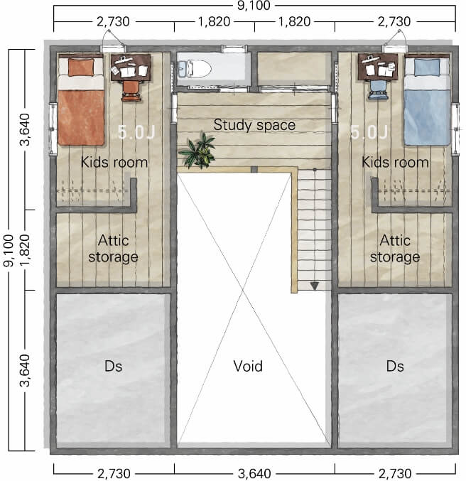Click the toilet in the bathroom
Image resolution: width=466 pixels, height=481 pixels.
195,68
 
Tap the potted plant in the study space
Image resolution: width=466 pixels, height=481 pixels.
198,151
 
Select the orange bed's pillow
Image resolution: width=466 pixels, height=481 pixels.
81,67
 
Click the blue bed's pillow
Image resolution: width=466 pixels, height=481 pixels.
427,67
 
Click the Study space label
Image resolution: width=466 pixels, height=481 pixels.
254,125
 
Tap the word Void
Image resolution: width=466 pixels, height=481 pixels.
248,366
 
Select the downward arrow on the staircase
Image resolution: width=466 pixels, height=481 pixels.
315,286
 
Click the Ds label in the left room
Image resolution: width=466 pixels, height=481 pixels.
113,367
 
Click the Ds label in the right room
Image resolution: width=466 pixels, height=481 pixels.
395,367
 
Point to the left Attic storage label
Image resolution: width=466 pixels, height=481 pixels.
113,249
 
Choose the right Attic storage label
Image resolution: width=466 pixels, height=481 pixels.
395,249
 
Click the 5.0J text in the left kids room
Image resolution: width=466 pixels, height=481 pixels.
136,132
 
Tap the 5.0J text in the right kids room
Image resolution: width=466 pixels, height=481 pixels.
369,132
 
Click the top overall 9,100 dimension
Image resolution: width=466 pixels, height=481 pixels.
254,6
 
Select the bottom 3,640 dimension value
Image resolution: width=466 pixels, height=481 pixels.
254,474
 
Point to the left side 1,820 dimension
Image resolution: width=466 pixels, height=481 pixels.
26,250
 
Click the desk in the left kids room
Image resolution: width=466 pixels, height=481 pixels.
131,67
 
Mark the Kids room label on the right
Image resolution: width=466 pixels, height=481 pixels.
395,162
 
